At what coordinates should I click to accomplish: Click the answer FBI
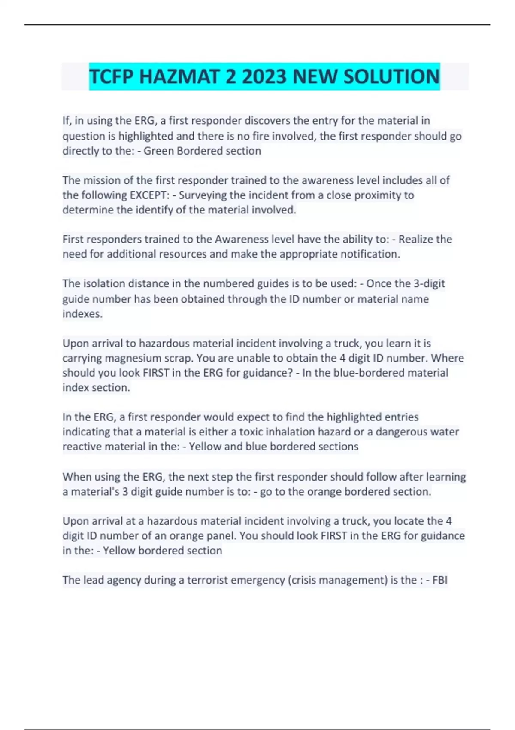[440, 580]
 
